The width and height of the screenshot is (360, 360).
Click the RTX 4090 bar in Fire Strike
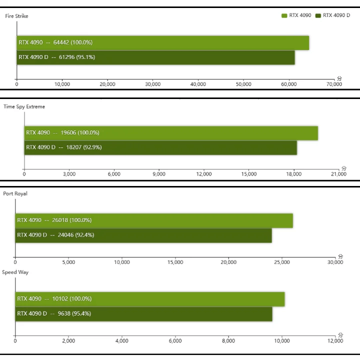coord(163,43)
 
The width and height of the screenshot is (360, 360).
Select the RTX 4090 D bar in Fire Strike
coord(156,57)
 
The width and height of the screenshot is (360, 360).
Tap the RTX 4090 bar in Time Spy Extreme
coord(171,133)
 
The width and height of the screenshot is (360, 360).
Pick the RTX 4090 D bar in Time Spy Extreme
coord(160,147)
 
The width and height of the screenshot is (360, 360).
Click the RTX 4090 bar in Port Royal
coord(154,220)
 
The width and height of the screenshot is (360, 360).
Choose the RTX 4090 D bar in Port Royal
coord(143,235)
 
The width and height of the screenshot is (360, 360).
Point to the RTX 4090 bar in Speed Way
coord(150,299)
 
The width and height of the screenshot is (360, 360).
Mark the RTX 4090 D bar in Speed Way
coord(144,314)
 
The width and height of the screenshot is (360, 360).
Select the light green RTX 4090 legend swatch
coord(284,15)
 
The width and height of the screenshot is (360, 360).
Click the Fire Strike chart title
coord(16,16)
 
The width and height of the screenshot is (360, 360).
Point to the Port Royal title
coord(15,194)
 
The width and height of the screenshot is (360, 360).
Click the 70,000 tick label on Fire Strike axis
coord(333,84)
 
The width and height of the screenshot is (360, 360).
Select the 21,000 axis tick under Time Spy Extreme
coord(338,174)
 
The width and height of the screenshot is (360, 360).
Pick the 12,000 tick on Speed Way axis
coord(335,341)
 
